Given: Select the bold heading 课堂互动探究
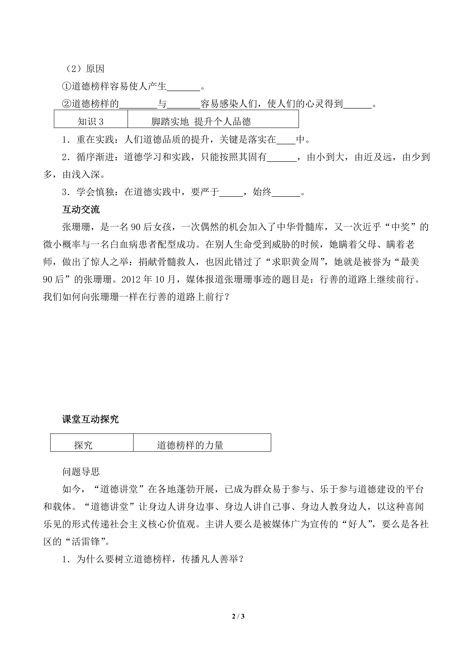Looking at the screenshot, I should [x=90, y=419].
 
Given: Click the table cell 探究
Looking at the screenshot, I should [x=83, y=445].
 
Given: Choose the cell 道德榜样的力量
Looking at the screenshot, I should [x=190, y=445].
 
